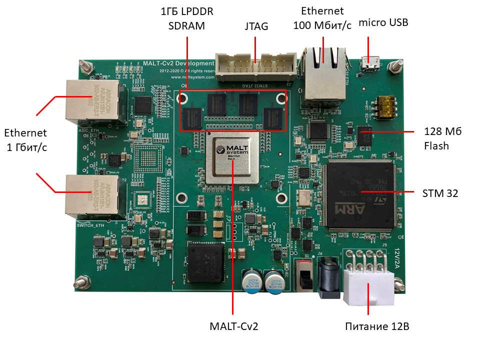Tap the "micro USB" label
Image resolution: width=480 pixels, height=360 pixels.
[383, 22]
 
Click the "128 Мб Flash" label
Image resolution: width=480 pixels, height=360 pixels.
[442, 138]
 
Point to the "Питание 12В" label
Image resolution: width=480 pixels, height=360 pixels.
[377, 327]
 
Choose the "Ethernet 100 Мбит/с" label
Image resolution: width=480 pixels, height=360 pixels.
[322, 18]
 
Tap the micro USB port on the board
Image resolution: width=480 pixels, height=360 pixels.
[370, 65]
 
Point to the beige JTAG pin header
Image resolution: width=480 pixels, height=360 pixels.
[255, 66]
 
